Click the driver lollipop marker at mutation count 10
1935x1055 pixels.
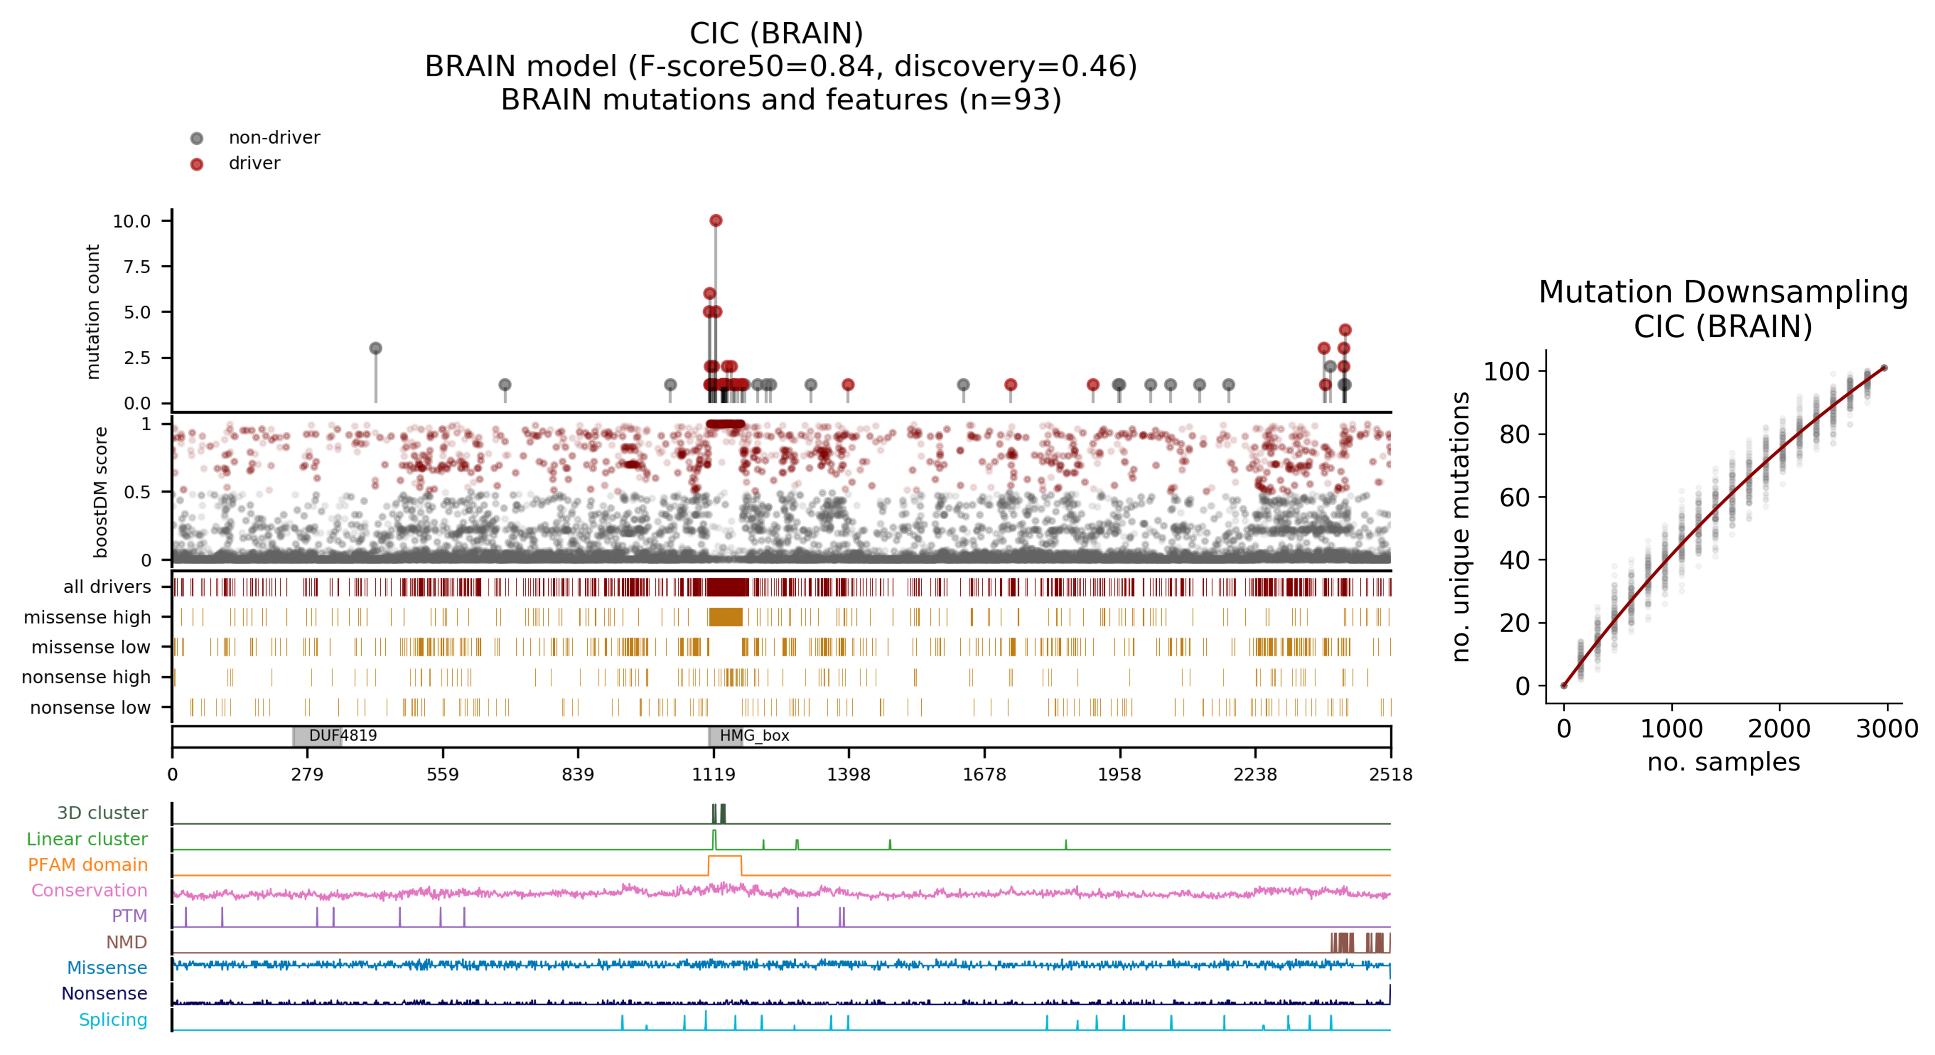pyautogui.click(x=715, y=220)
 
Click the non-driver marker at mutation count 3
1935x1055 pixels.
pyautogui.click(x=376, y=348)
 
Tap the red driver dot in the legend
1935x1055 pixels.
pyautogui.click(x=197, y=164)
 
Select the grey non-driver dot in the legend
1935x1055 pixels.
pyautogui.click(x=197, y=138)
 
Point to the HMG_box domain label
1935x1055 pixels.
pyautogui.click(x=754, y=736)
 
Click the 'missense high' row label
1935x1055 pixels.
pyautogui.click(x=87, y=617)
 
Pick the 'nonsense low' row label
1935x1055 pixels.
pyautogui.click(x=90, y=707)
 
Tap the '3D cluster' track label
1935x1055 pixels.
pyautogui.click(x=102, y=812)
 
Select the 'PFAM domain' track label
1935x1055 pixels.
pyautogui.click(x=88, y=864)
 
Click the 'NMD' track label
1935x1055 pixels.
pyautogui.click(x=126, y=942)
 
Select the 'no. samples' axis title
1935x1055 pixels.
pyautogui.click(x=1723, y=762)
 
